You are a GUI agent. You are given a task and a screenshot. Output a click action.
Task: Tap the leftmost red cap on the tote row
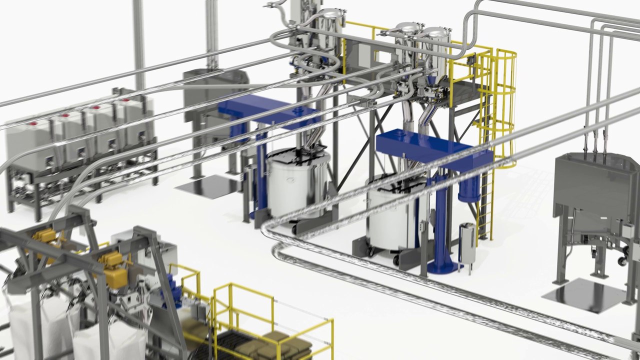[33, 123]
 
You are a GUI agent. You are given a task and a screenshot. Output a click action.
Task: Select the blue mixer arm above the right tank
[425, 146]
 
